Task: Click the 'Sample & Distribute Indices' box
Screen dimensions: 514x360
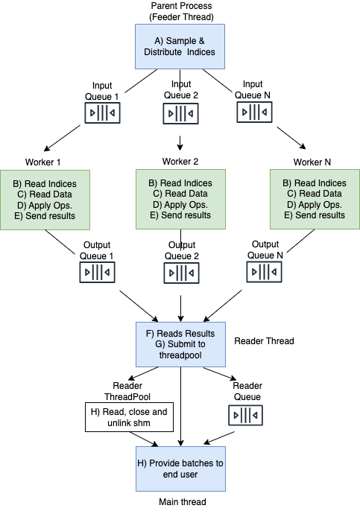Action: click(x=180, y=45)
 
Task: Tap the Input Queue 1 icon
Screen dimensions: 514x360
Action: click(x=101, y=112)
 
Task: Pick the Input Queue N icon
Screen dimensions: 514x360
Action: click(x=255, y=112)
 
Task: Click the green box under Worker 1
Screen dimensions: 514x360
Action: click(x=51, y=200)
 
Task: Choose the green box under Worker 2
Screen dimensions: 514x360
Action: click(x=180, y=198)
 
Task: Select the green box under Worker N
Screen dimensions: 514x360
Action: click(x=314, y=199)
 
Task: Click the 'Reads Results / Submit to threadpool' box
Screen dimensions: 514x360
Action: click(x=180, y=343)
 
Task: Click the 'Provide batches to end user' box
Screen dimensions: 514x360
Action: click(x=180, y=469)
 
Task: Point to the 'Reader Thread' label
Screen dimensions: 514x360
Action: click(x=264, y=341)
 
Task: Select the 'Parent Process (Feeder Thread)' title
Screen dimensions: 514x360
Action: click(x=180, y=12)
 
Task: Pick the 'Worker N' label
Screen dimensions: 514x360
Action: click(x=313, y=162)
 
